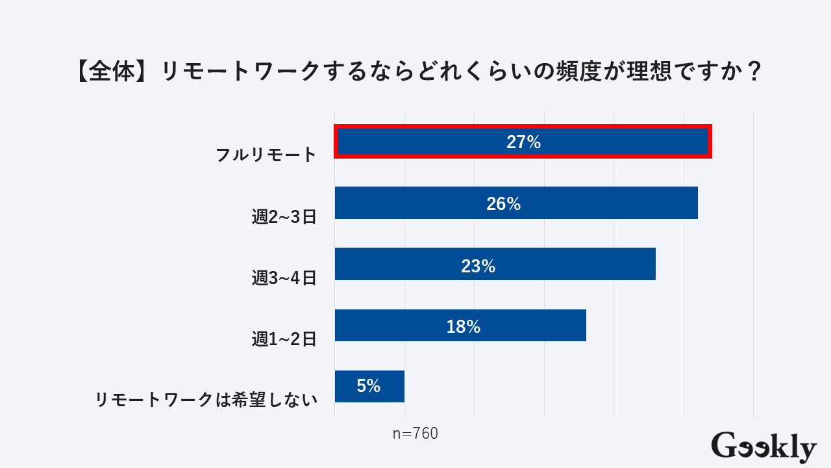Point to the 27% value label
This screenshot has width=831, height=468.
(523, 142)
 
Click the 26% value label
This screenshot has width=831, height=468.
(503, 203)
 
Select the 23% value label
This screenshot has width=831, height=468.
(478, 265)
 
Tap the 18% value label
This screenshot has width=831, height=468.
(463, 326)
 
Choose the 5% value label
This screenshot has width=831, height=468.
(368, 386)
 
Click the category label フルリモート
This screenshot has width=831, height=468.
(266, 155)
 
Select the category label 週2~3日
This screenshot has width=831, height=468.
(284, 216)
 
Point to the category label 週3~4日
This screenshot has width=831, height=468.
(284, 278)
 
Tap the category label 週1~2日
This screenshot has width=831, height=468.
(284, 339)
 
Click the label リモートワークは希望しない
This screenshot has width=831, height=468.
(206, 399)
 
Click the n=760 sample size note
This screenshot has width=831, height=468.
(415, 434)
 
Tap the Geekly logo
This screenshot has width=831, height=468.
(763, 447)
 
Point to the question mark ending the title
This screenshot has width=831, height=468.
(753, 71)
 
